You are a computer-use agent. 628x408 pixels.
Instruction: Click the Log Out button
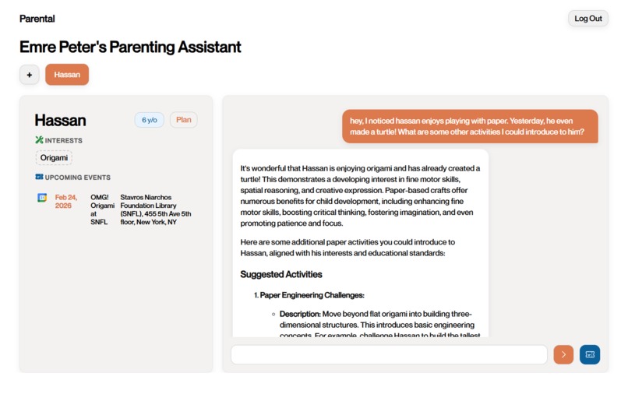[587, 19]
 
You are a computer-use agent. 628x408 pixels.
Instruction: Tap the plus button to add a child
[29, 75]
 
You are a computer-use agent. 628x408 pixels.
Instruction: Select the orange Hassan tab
[67, 75]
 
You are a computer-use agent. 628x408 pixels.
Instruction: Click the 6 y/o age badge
[149, 120]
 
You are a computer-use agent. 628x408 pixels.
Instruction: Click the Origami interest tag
[54, 157]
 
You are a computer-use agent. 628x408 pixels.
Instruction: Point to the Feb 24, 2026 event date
[66, 202]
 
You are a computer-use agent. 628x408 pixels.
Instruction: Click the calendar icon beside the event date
[42, 198]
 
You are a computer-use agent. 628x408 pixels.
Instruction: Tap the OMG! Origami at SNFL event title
[99, 209]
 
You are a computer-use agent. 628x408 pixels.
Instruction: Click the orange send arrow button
[563, 354]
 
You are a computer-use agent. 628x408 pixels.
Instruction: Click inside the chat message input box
[389, 354]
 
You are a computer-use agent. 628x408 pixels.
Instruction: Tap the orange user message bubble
[470, 126]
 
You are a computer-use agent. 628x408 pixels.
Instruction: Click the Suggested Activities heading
[281, 274]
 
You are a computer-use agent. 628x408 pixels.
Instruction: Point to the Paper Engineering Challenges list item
[312, 295]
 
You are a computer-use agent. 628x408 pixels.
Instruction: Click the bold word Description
[300, 314]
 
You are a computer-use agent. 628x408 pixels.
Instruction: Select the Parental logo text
[37, 19]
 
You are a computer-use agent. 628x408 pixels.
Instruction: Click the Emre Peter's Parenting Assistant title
[130, 47]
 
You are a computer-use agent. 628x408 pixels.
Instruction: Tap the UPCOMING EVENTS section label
[78, 178]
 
